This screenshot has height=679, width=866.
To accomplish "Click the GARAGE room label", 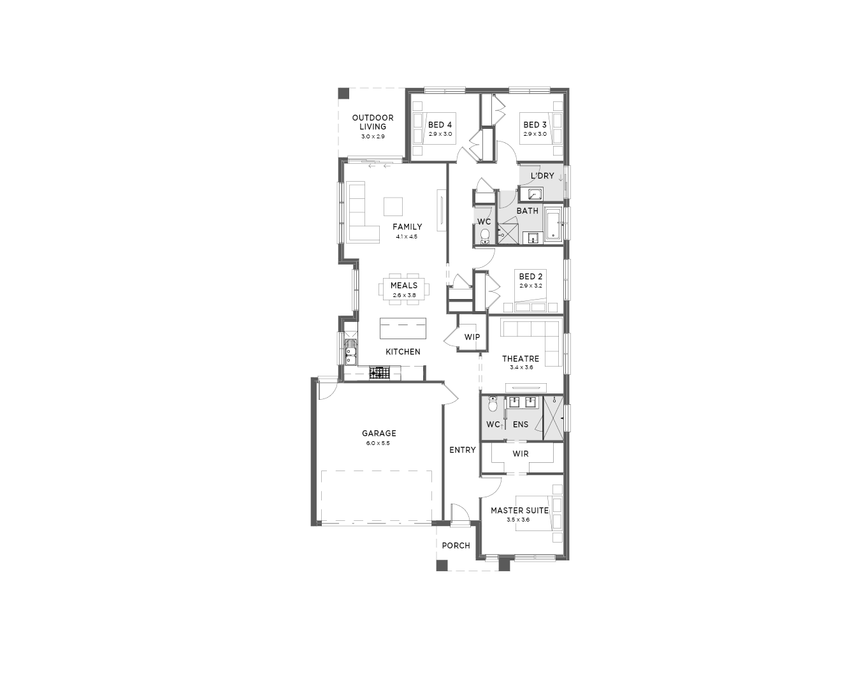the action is pos(379,433).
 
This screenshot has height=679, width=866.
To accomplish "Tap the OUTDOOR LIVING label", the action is pos(373,122).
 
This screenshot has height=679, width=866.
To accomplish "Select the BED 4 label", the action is pos(440,125).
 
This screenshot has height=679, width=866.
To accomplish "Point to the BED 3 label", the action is pos(535,125).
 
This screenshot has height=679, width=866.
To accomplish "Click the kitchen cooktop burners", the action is pos(379,373).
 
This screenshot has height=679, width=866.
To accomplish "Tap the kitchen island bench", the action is pos(403,328).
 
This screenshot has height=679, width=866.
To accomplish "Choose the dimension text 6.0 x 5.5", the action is pos(378,443).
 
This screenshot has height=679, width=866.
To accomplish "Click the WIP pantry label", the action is pos(472,337).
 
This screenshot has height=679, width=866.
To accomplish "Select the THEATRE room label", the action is pos(521,358).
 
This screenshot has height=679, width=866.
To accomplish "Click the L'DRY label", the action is pos(542,175).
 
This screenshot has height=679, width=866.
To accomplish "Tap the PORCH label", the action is pos(456,546).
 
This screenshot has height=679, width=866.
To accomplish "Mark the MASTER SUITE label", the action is pos(520,510).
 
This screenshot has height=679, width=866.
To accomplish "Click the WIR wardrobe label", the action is pos(521,454).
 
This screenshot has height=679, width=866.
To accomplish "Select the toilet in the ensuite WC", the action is pos(493,404).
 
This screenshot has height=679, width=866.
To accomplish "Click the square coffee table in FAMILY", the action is pos(393,207).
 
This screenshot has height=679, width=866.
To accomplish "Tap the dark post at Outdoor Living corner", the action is pos(343,93).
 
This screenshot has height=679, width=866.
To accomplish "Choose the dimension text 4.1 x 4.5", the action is pos(407,237).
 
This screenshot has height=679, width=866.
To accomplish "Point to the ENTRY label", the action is pos(462,449).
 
